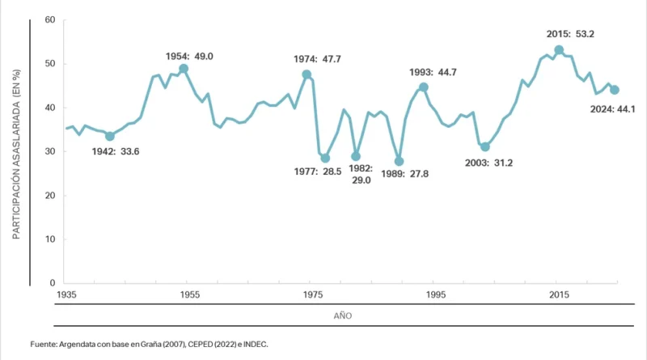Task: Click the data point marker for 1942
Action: pyautogui.click(x=110, y=136)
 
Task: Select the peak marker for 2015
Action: pyautogui.click(x=559, y=50)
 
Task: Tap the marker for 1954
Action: pyautogui.click(x=184, y=69)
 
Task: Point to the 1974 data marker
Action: pyautogui.click(x=307, y=74)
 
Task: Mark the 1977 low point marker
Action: pyautogui.click(x=325, y=159)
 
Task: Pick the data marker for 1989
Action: pyautogui.click(x=399, y=161)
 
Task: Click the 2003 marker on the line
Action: pyautogui.click(x=485, y=146)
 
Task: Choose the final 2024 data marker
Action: pyautogui.click(x=615, y=90)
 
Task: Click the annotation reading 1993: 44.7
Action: pyautogui.click(x=433, y=73)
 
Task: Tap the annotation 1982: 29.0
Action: pyautogui.click(x=360, y=174)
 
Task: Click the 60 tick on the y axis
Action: pyautogui.click(x=49, y=19)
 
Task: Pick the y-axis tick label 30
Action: pyautogui.click(x=49, y=151)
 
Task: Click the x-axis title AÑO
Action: pyautogui.click(x=343, y=315)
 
